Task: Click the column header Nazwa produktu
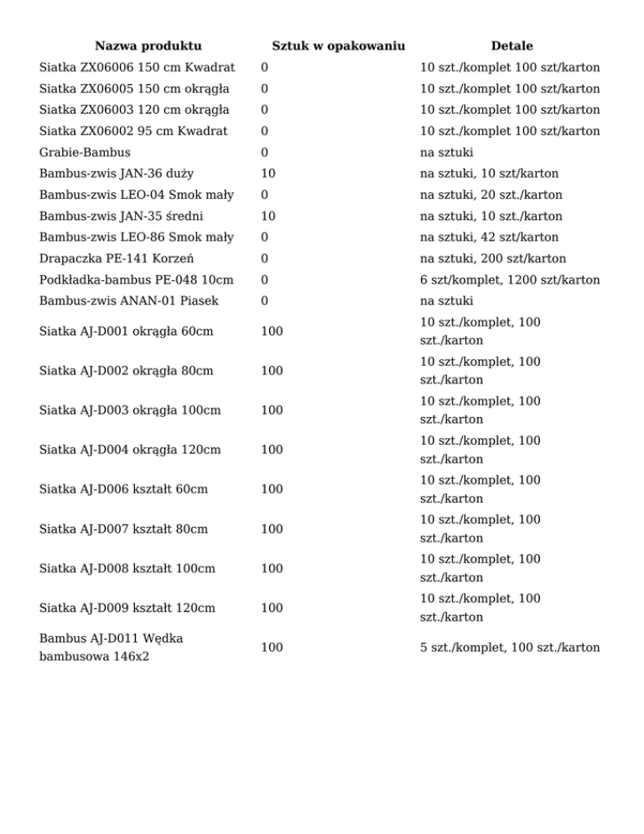[x=148, y=45]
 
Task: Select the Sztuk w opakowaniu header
[x=339, y=45]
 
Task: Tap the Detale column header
[x=512, y=45]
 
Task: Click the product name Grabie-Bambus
[x=85, y=153]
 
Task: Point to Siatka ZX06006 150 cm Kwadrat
[x=137, y=67]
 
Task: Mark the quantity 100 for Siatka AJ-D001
[x=272, y=331]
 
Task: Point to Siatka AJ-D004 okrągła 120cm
[x=130, y=450]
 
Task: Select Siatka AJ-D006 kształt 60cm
[x=124, y=489]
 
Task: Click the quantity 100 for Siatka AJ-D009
[x=272, y=607]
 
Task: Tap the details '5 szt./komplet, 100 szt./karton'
[x=510, y=647]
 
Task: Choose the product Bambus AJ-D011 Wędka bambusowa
[x=112, y=647]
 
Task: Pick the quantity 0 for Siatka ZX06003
[x=265, y=110]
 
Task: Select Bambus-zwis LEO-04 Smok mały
[x=137, y=195]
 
